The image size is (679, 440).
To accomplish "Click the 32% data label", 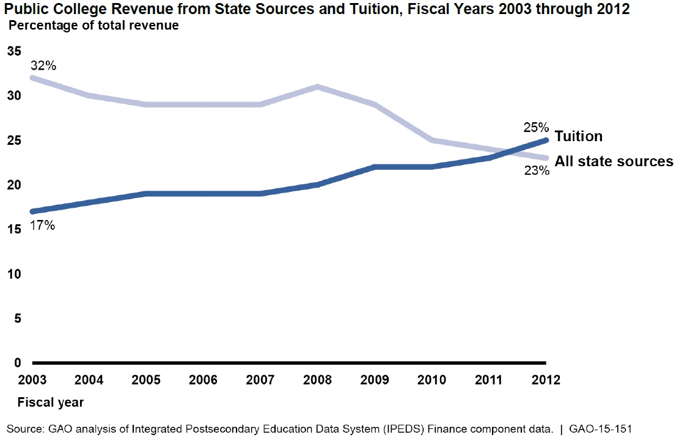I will click(43, 65).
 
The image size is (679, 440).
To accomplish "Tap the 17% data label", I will click(43, 226).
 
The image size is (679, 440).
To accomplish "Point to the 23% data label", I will click(535, 171).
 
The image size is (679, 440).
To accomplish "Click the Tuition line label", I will click(578, 136).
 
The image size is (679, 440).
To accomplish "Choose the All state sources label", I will click(614, 161).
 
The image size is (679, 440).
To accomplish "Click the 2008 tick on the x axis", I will click(317, 380).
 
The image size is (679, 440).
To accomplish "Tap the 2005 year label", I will click(145, 380).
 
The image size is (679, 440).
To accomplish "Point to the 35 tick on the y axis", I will click(13, 51).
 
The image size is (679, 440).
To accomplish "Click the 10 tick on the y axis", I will click(13, 274).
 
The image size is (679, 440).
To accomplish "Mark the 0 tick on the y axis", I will click(17, 363).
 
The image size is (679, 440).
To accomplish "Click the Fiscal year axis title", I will click(50, 403).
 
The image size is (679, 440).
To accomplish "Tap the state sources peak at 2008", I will click(317, 86).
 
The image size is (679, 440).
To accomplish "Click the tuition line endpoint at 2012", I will click(546, 140).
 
